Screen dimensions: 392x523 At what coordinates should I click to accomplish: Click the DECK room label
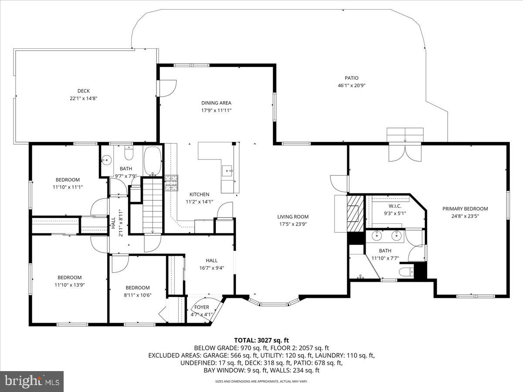point(84,91)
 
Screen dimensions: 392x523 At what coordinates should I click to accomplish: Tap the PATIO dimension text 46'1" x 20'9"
point(351,86)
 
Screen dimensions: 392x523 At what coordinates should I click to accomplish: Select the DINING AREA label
point(216,103)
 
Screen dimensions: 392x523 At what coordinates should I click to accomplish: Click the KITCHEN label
point(199,194)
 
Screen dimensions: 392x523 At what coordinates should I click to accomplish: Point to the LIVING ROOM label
point(292,216)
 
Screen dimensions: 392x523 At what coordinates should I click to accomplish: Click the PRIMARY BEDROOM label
point(465,209)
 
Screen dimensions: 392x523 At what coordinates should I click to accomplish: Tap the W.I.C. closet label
point(395,206)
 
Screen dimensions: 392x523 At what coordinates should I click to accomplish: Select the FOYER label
point(201,307)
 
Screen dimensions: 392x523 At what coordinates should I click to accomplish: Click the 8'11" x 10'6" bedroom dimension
point(138,295)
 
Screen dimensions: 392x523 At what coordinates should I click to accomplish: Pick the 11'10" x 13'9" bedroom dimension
point(70,285)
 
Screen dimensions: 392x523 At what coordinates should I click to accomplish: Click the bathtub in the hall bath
point(152,161)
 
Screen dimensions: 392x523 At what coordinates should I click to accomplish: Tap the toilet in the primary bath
point(405,272)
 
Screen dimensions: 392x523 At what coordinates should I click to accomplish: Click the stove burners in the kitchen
point(171,182)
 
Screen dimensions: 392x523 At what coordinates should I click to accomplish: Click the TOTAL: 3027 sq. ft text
point(261,340)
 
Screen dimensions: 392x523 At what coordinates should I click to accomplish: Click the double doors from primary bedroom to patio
point(405,152)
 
